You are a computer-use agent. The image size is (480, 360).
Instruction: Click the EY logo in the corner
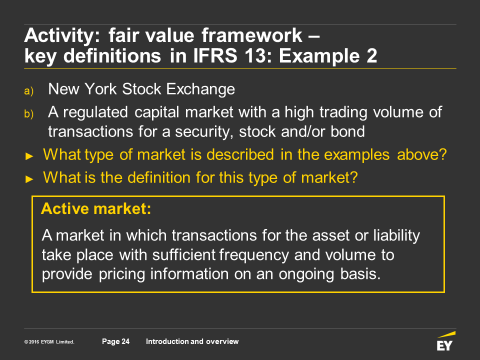click(446, 341)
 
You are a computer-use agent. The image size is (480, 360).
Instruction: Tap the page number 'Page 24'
click(115, 341)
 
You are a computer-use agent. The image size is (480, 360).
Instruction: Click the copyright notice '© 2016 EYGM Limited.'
click(49, 342)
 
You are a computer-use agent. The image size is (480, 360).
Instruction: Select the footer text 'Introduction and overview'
click(192, 341)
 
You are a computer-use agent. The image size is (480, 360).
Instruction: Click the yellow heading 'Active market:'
click(96, 209)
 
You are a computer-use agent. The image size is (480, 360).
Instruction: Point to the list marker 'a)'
click(29, 91)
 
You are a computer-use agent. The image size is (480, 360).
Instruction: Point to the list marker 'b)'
click(29, 114)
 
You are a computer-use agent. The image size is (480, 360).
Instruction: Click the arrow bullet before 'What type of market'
click(29, 156)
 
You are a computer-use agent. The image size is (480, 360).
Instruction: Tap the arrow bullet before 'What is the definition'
click(29, 179)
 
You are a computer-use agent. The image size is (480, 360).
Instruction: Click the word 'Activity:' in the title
click(62, 36)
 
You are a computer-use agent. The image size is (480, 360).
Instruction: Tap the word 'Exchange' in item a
click(200, 89)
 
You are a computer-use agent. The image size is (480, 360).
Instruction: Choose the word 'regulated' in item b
click(95, 112)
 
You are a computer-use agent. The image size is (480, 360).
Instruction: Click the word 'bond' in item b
click(348, 131)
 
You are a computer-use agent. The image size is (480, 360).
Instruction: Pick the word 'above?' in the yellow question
click(422, 154)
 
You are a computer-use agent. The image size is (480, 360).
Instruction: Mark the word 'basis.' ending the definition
click(360, 273)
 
